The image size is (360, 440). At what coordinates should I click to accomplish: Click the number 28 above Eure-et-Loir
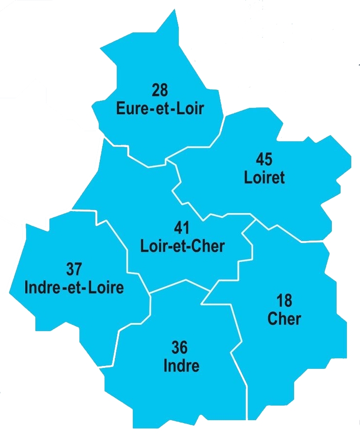(159, 91)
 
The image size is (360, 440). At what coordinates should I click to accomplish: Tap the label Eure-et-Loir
(160, 107)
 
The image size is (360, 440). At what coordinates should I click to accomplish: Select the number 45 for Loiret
(264, 159)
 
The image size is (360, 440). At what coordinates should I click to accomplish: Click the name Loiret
(264, 177)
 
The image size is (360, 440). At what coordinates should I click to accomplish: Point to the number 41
(182, 228)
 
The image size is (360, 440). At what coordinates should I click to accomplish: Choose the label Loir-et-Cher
(182, 246)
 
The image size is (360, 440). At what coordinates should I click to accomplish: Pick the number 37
(74, 269)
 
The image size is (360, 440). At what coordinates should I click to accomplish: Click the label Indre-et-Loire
(74, 287)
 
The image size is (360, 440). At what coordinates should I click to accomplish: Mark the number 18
(284, 301)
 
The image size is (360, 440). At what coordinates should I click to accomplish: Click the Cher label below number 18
(284, 319)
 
